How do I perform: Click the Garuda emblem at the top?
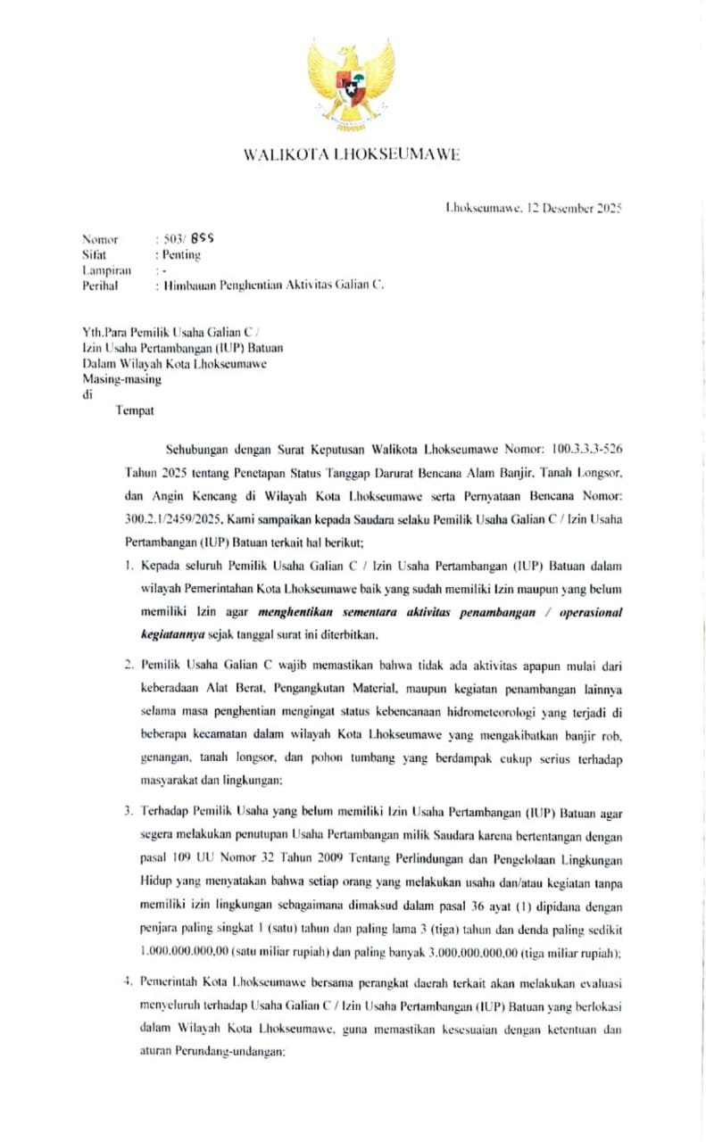(x=352, y=83)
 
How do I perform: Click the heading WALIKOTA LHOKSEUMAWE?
(x=352, y=155)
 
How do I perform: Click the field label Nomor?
(x=100, y=240)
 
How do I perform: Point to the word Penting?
(x=181, y=255)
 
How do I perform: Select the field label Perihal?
(x=100, y=285)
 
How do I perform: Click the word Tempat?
(x=135, y=410)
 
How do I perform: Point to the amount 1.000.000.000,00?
(x=185, y=952)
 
